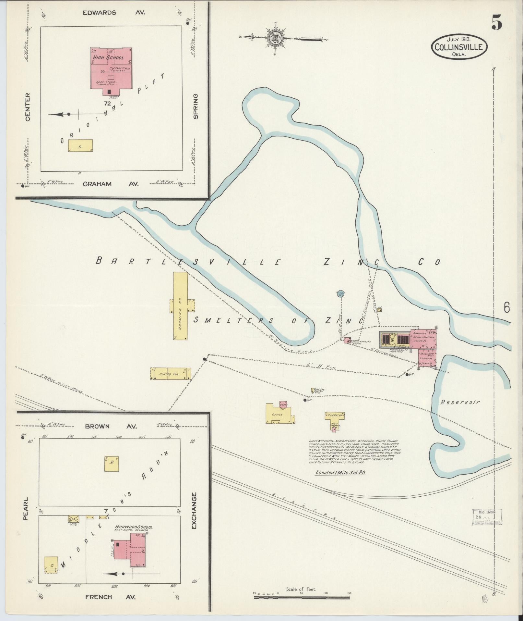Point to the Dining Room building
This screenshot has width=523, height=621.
170,374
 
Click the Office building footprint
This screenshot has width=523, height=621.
277,414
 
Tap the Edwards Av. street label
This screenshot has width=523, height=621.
113,13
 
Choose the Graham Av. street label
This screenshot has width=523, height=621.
111,184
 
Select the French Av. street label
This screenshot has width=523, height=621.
110,597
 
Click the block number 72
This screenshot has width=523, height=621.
108,104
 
